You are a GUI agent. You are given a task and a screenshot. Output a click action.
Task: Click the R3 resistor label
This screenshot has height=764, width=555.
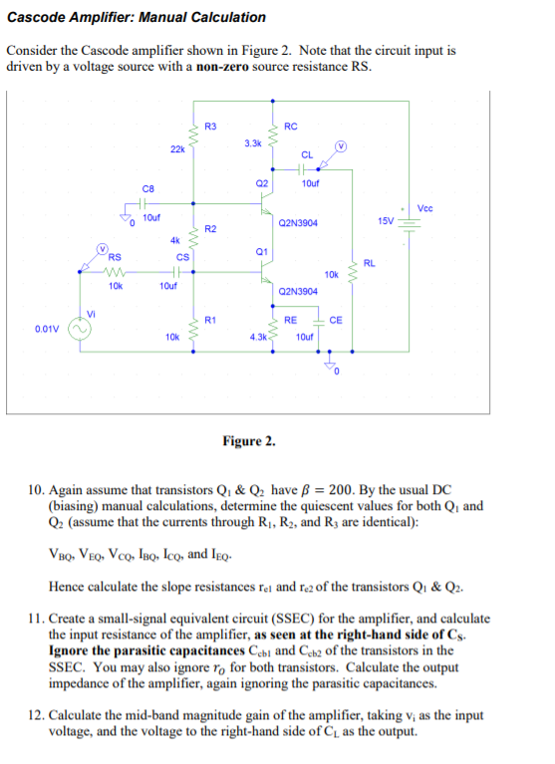coord(210,126)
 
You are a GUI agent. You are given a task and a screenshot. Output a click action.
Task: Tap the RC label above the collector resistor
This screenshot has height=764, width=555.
coord(290,126)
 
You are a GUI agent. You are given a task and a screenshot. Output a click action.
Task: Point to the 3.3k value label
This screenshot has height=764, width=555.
coord(252,143)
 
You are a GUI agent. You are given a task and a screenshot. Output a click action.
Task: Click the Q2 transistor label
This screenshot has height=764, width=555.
coord(262,183)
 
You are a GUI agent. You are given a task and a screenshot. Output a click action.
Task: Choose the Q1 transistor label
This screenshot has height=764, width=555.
coord(261,252)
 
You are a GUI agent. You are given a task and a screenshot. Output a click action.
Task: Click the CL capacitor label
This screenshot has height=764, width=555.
coord(308,154)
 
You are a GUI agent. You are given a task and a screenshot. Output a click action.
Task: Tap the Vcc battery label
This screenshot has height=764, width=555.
coord(424,207)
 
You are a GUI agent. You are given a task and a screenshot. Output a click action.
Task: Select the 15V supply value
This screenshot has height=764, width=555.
coord(386,219)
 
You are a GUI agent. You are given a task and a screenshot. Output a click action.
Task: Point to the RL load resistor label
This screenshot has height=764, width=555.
coord(369,263)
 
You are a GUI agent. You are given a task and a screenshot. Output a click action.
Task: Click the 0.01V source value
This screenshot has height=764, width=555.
coord(46,328)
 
